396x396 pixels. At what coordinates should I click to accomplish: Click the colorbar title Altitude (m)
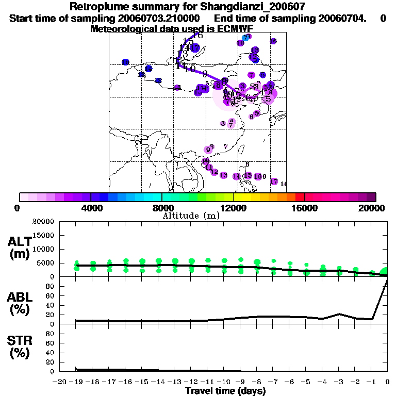point(191,216)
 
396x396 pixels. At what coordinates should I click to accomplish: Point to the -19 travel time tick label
point(76,382)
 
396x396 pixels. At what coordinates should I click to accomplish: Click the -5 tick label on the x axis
point(306,382)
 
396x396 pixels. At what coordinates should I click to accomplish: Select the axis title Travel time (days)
point(225,391)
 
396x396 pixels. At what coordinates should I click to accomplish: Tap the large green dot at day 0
point(385,272)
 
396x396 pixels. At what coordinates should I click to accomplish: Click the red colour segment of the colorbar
point(300,197)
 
